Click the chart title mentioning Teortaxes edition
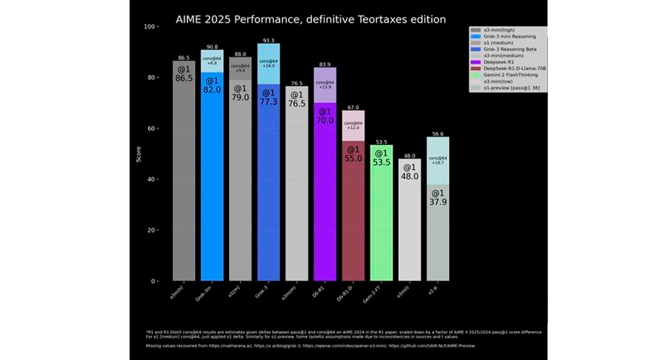311,19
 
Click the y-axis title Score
139,154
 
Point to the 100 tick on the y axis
151,27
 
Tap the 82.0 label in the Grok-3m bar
212,90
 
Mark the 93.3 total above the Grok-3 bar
268,39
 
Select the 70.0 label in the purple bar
325,120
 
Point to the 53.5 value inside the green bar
381,162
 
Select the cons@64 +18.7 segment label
438,161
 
